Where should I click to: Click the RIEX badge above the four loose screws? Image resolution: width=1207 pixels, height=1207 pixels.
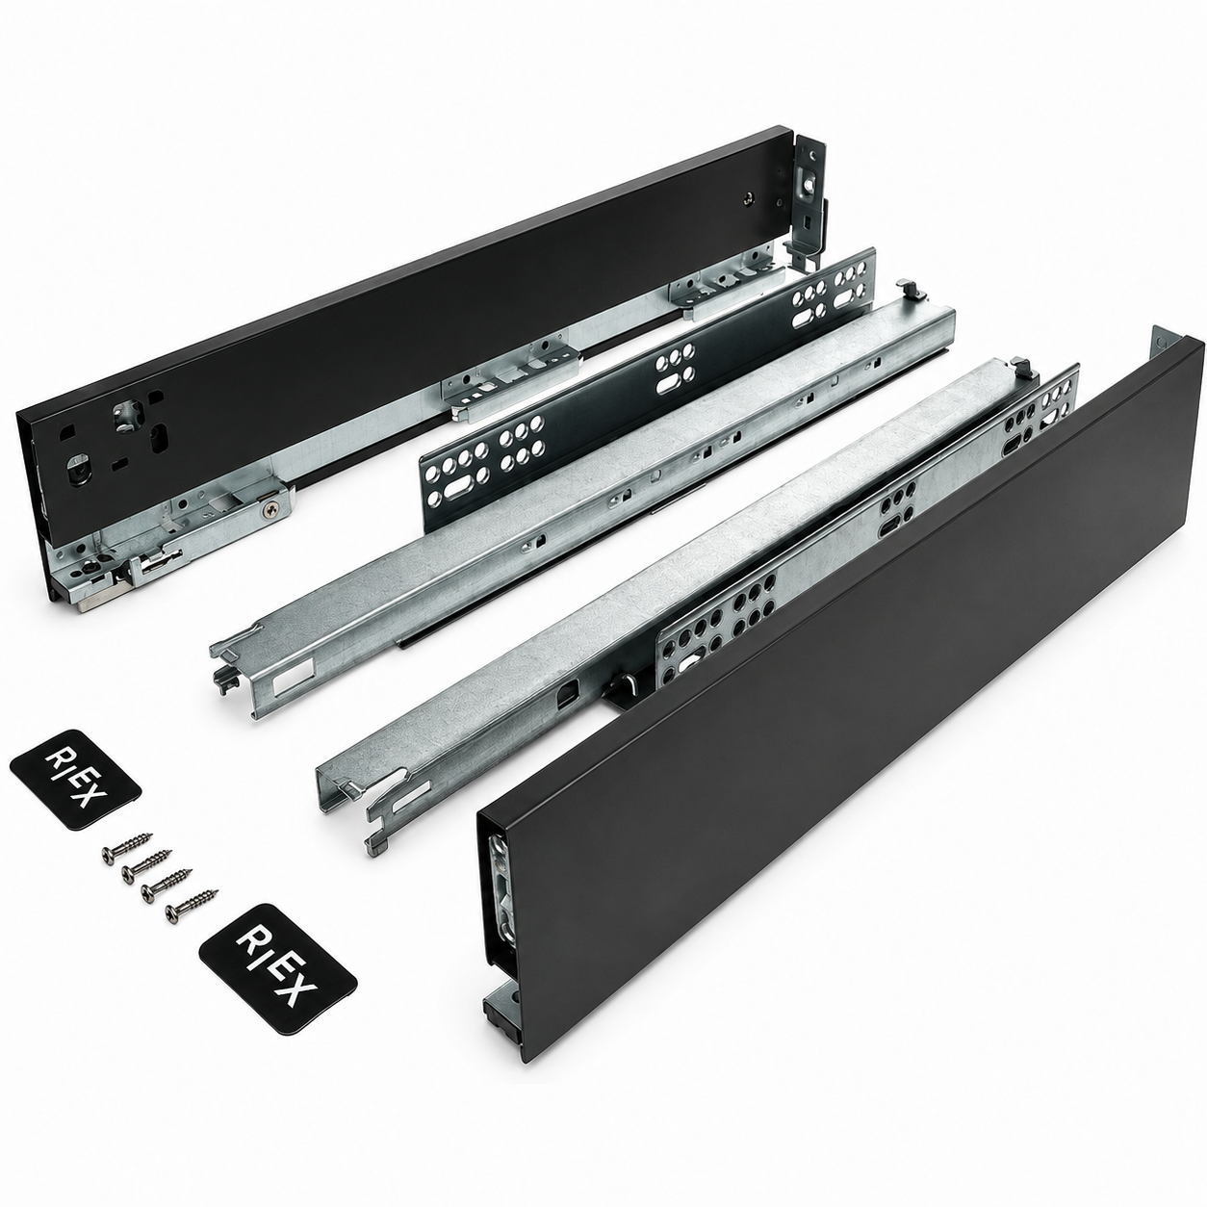click(x=75, y=779)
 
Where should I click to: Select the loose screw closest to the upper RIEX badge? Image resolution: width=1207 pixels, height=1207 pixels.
click(x=127, y=847)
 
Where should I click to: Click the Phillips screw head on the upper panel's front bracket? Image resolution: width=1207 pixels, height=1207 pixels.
click(x=270, y=510)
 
